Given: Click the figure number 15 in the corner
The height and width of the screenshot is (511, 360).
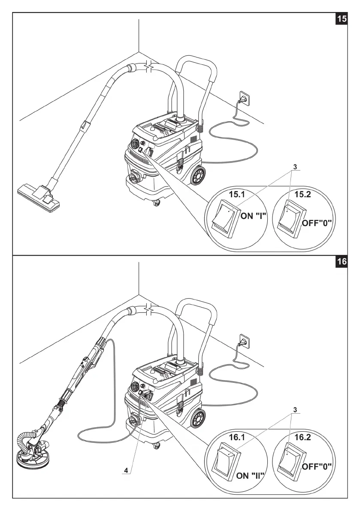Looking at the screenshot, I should (342, 20).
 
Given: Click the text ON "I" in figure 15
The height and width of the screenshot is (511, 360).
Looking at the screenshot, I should (254, 216).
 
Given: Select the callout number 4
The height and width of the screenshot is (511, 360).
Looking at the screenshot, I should (126, 470).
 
